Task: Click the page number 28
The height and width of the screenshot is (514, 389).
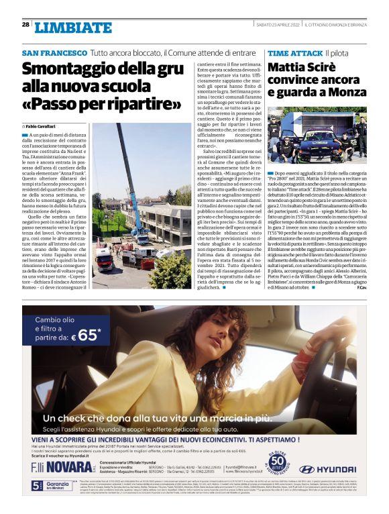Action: point(25,25)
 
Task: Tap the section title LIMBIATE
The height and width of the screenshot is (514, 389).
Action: point(73,28)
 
